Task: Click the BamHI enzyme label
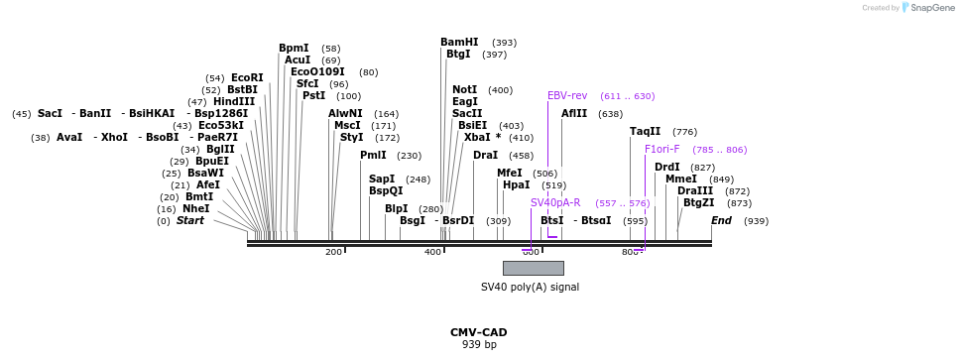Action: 459,43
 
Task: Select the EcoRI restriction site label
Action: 247,77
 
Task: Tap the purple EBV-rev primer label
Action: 567,96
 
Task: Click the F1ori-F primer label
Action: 662,150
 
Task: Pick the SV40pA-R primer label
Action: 555,203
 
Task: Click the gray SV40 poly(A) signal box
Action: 533,268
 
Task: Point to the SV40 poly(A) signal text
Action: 530,288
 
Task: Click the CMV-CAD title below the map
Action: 478,332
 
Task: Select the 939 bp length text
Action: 479,345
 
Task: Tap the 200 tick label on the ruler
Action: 333,252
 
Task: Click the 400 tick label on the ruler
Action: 432,252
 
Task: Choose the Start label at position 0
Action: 190,220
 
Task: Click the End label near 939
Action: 721,220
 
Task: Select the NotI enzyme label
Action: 465,90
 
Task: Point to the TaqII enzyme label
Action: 646,132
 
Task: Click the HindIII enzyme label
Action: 234,101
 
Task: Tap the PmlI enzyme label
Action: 373,156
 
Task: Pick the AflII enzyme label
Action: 574,114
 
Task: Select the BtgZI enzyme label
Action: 698,203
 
